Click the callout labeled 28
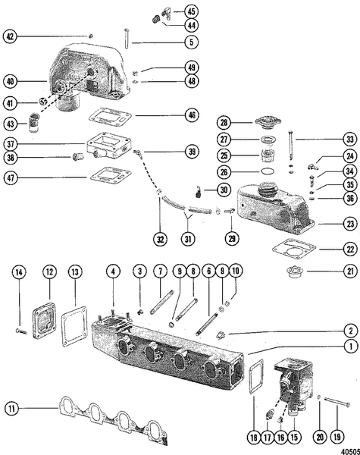[224, 123]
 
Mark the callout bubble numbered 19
[334, 437]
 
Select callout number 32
[160, 239]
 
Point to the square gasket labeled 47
[105, 176]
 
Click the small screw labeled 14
[21, 331]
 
